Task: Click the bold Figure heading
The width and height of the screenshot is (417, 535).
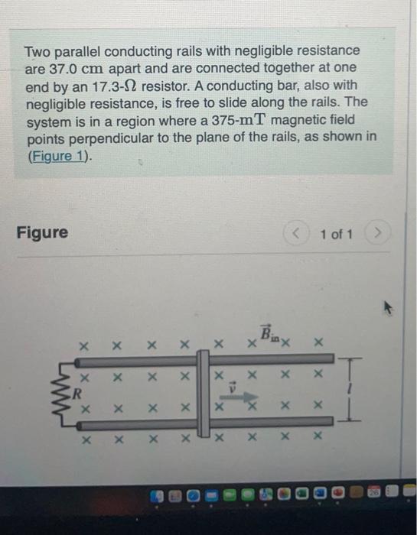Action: point(42,232)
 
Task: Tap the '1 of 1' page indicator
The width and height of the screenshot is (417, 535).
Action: point(337,233)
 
